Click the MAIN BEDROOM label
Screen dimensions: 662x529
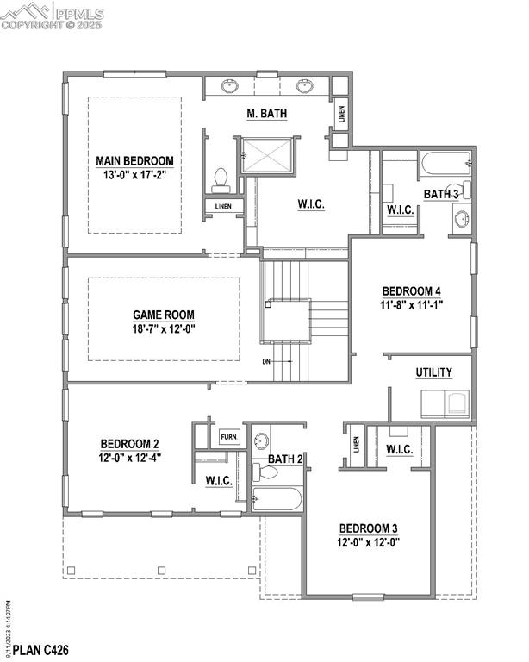click(x=134, y=160)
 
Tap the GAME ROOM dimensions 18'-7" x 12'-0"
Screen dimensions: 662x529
click(x=163, y=328)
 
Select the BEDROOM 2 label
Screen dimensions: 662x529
click(x=130, y=444)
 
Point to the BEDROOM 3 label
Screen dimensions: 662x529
click(x=370, y=528)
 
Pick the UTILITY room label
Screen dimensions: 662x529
click(x=433, y=372)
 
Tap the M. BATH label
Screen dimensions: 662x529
click(x=267, y=113)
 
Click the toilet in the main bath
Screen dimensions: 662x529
click(x=220, y=178)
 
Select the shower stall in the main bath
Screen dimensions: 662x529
click(x=269, y=155)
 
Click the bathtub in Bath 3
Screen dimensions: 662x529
click(x=444, y=161)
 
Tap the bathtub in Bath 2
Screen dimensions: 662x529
click(x=277, y=498)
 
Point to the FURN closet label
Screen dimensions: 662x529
click(x=229, y=437)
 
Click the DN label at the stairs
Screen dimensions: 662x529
click(x=267, y=362)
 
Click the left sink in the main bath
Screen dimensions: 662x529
click(x=230, y=86)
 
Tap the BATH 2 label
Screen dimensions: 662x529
click(x=284, y=459)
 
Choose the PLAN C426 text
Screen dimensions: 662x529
click(x=35, y=649)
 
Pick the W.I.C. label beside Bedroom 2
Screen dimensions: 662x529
click(x=219, y=481)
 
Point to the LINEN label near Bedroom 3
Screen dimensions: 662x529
click(x=356, y=445)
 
